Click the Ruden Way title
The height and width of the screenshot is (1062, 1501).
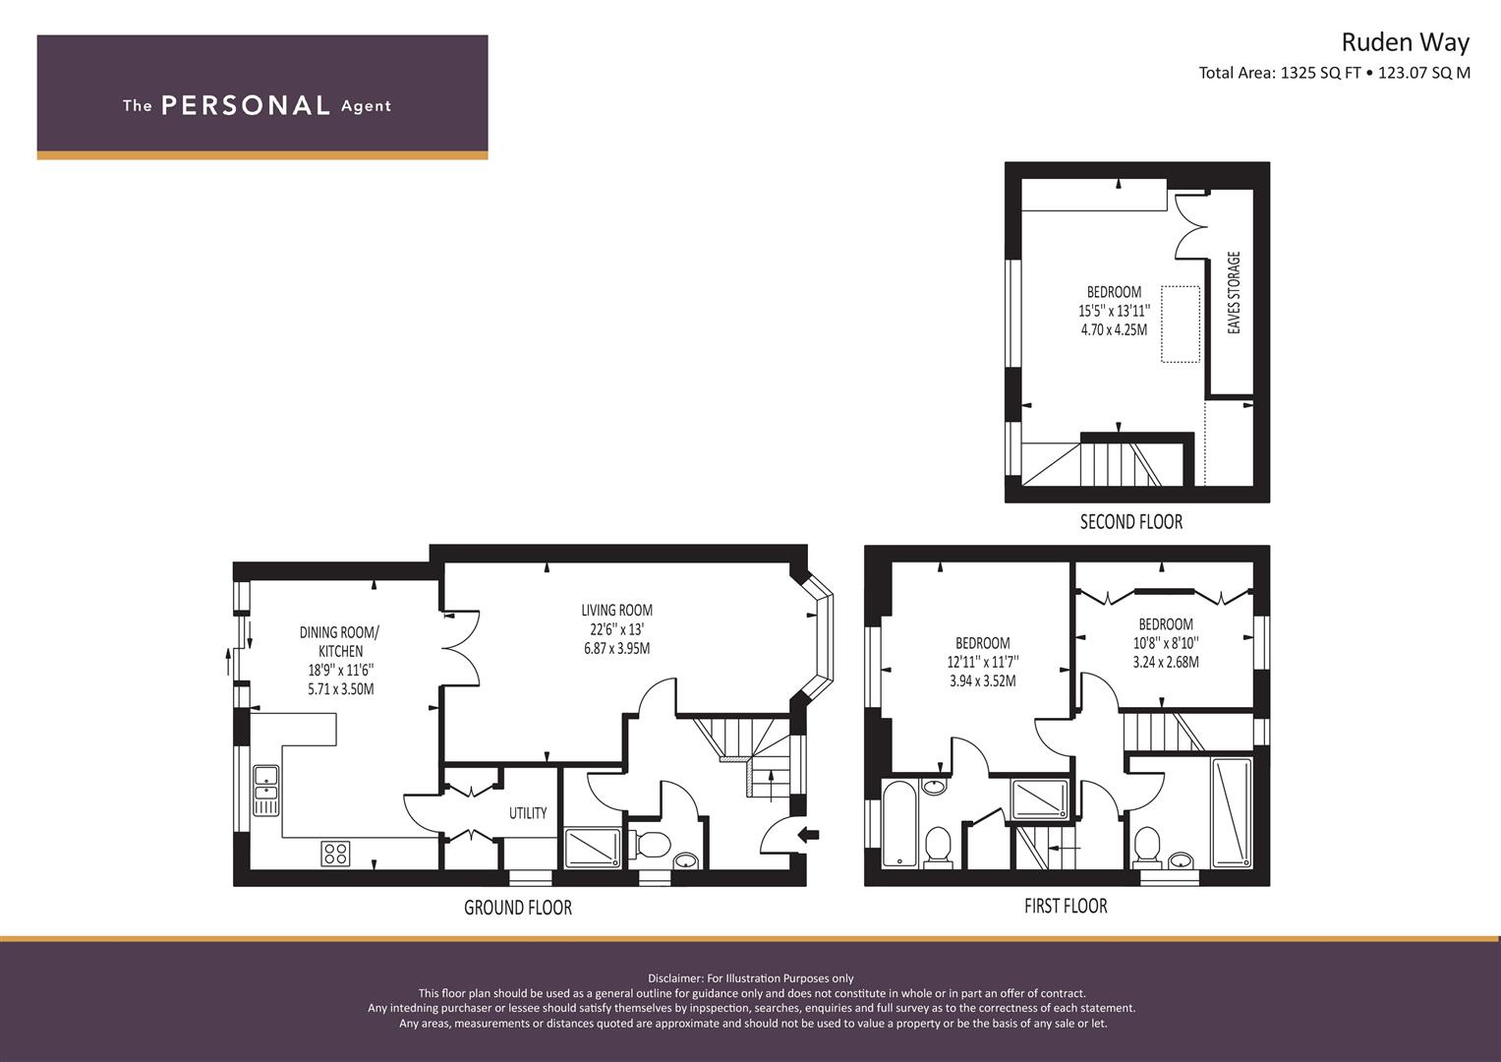pos(1406,43)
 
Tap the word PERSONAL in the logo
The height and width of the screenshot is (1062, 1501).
pos(246,105)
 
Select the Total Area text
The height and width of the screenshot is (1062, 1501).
pos(1334,73)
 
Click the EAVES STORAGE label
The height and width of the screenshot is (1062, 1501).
pos(1234,292)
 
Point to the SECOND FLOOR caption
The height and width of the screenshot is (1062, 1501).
pos(1131,521)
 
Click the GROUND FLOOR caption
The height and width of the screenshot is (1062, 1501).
pos(518,908)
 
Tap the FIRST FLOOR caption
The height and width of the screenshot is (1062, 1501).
pos(1066,907)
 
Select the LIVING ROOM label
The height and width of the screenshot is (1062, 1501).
pos(616,610)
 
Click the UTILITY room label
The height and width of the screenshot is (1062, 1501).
pos(528,813)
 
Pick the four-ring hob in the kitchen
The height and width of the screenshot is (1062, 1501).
pos(335,854)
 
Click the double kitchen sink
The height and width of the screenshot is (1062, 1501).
pos(266,791)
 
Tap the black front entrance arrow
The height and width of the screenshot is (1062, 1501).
pos(809,835)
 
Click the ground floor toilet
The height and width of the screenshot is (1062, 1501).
pos(650,843)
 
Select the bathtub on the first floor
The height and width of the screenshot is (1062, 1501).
pos(898,823)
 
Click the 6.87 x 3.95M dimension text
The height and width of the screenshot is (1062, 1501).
pos(616,648)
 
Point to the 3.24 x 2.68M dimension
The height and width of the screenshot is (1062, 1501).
pos(1166,662)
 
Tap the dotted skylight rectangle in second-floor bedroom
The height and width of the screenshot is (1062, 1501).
pos(1180,324)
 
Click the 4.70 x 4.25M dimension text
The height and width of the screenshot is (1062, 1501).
pos(1114,329)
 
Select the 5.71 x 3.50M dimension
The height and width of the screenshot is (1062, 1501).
pos(340,688)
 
